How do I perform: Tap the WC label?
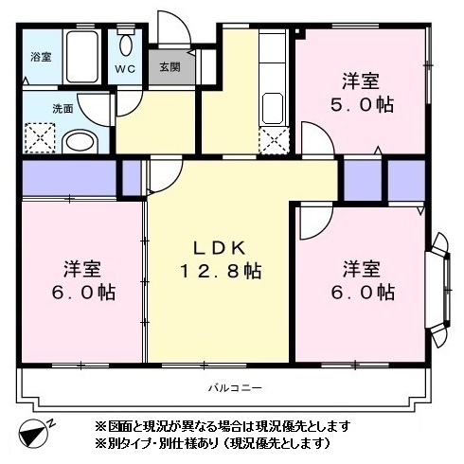[x=126, y=69]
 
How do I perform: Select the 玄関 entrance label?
[x=170, y=67]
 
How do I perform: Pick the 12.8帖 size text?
[x=222, y=272]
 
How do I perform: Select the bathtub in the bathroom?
[x=82, y=57]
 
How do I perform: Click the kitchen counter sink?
[x=273, y=104]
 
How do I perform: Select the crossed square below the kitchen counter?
[x=273, y=141]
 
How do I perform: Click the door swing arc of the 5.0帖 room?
[x=317, y=135]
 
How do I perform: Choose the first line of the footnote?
[x=223, y=424]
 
